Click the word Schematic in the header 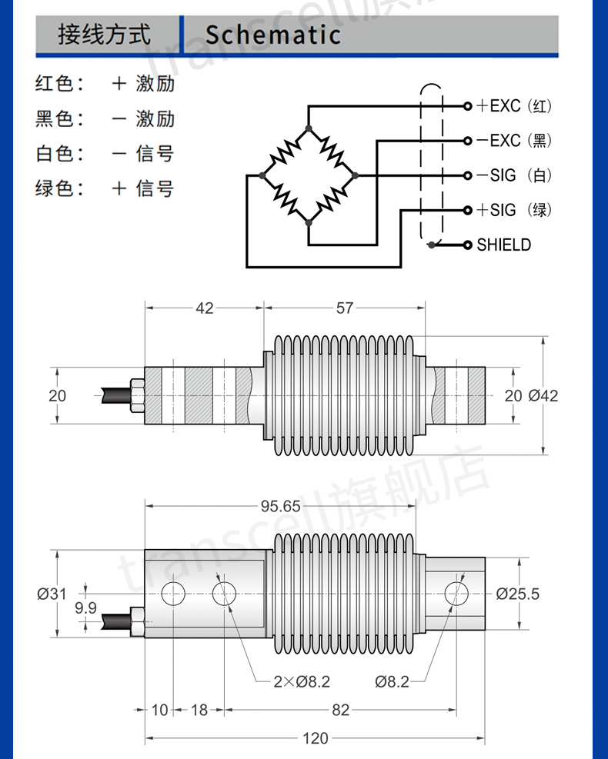click(x=273, y=35)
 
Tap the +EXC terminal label click(x=499, y=105)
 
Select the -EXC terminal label click(x=499, y=141)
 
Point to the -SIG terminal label click(x=496, y=175)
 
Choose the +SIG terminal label click(x=496, y=210)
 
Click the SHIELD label click(x=504, y=245)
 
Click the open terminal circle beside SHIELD click(x=467, y=245)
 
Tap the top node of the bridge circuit click(x=309, y=128)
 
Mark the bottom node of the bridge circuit click(x=309, y=222)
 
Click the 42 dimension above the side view click(x=205, y=308)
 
